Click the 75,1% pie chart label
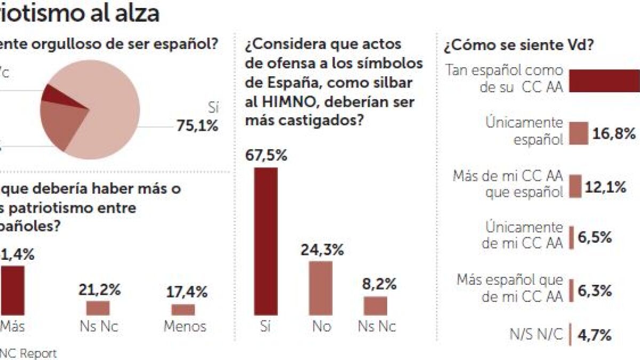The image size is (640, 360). coord(197,126)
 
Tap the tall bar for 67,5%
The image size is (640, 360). coord(266,241)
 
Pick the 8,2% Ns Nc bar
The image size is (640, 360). coord(375,306)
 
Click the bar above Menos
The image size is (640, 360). coord(183,309)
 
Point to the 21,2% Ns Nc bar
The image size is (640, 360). coord(98,308)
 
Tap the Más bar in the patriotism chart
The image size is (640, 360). coord(13,290)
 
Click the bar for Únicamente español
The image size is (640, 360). coord(579,133)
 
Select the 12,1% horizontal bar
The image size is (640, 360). coord(575,187)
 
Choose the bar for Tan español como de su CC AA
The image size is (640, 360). coord(605,81)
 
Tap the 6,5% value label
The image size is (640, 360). coord(594,237)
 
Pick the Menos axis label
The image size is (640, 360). coord(185,326)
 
